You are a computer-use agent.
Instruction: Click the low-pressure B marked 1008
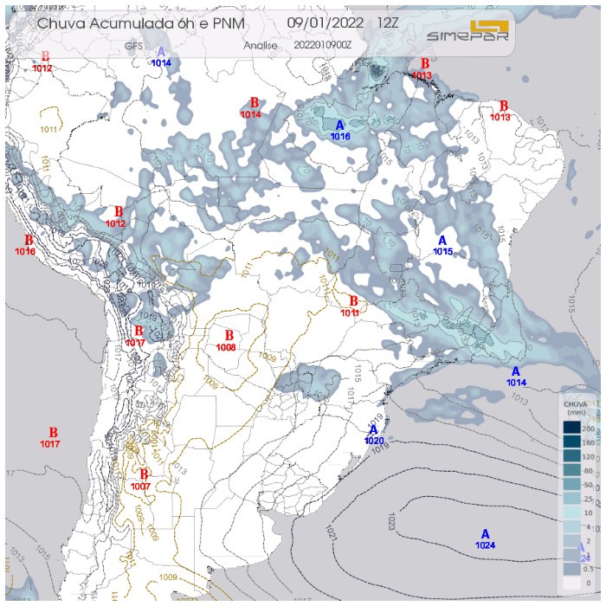[x=229, y=336]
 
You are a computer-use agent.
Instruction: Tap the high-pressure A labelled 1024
[x=485, y=534]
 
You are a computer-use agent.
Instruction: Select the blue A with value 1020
[x=374, y=430]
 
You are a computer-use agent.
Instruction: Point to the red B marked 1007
[x=145, y=474]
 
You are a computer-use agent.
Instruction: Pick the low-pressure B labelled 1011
[x=352, y=301]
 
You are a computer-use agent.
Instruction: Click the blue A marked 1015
[x=442, y=241]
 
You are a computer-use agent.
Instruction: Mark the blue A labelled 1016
[x=340, y=126]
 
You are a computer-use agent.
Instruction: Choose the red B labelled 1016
[x=28, y=241]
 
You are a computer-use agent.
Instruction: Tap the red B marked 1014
[x=254, y=103]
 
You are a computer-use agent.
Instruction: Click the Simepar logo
[x=468, y=32]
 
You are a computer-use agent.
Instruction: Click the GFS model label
[x=134, y=44]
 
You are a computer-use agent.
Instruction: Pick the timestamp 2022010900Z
[x=321, y=44]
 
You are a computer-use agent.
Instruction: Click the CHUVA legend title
[x=576, y=404]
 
